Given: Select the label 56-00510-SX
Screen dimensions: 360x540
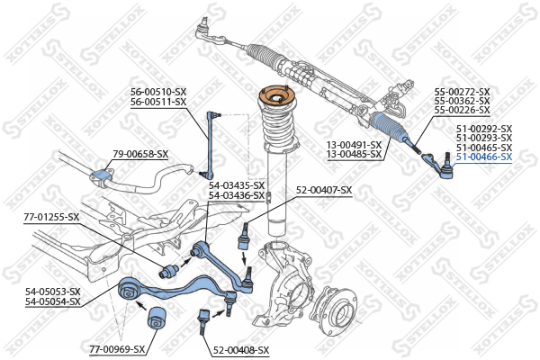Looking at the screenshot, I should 157,91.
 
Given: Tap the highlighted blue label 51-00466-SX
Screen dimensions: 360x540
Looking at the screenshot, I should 483,157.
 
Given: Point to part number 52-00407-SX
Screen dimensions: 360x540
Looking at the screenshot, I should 324,190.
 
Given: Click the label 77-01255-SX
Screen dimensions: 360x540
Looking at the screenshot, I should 52,217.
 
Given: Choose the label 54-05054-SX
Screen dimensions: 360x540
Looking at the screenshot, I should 52,301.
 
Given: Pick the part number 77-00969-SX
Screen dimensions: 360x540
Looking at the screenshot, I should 118,348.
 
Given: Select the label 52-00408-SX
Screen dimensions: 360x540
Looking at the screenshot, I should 241,348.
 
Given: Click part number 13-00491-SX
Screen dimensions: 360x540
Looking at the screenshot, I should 353,144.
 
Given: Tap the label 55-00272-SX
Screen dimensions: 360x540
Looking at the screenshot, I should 462,92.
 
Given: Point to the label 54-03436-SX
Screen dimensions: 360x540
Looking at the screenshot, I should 237,195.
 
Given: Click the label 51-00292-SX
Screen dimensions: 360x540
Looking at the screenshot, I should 483,129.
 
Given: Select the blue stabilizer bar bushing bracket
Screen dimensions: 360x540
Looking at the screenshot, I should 102,173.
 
